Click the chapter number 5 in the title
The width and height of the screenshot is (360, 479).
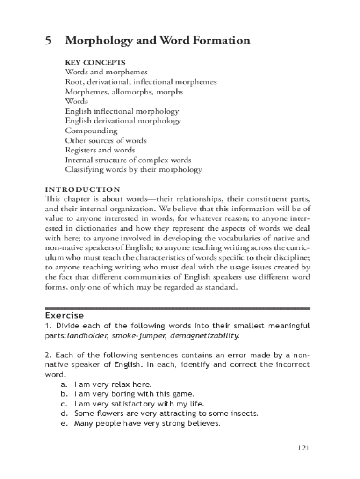[48, 41]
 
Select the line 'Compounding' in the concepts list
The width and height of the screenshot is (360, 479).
[91, 131]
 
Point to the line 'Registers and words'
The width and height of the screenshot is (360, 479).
[100, 150]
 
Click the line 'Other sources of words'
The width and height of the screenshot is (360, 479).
[106, 140]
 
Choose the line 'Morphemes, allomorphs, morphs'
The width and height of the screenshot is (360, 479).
[124, 92]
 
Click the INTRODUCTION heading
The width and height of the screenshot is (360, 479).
[82, 189]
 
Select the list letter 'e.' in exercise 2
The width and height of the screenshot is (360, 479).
[64, 424]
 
